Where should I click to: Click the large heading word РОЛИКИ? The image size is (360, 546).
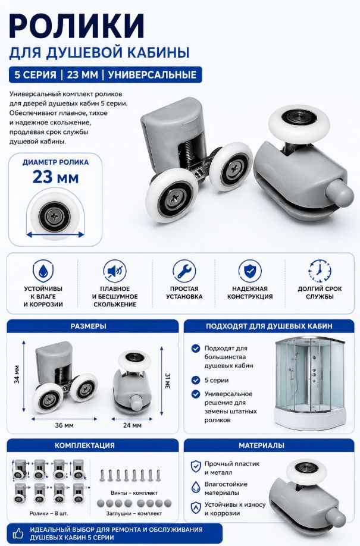(77, 26)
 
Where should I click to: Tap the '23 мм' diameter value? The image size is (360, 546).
(55, 177)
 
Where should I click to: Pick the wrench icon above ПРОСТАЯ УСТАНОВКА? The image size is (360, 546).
(184, 271)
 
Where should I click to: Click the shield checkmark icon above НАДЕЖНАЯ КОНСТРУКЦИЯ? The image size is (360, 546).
(250, 271)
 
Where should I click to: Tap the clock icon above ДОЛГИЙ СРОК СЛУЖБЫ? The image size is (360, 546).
(320, 271)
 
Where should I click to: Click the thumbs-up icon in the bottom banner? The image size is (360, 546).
(18, 533)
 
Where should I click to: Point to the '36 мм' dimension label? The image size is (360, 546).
(64, 425)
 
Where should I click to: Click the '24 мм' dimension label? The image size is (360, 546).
(133, 425)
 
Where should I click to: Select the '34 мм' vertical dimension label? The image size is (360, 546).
(17, 374)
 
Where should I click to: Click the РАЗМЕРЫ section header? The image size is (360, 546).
(89, 327)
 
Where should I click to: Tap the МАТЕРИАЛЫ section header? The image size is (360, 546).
(261, 445)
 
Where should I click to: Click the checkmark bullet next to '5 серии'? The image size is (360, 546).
(196, 380)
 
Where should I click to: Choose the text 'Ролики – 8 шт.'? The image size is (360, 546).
(49, 513)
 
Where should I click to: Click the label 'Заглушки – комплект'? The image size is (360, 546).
(134, 513)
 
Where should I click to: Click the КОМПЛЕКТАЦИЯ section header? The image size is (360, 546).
(84, 445)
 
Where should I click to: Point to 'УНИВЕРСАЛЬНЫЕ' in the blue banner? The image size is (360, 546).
(152, 75)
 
